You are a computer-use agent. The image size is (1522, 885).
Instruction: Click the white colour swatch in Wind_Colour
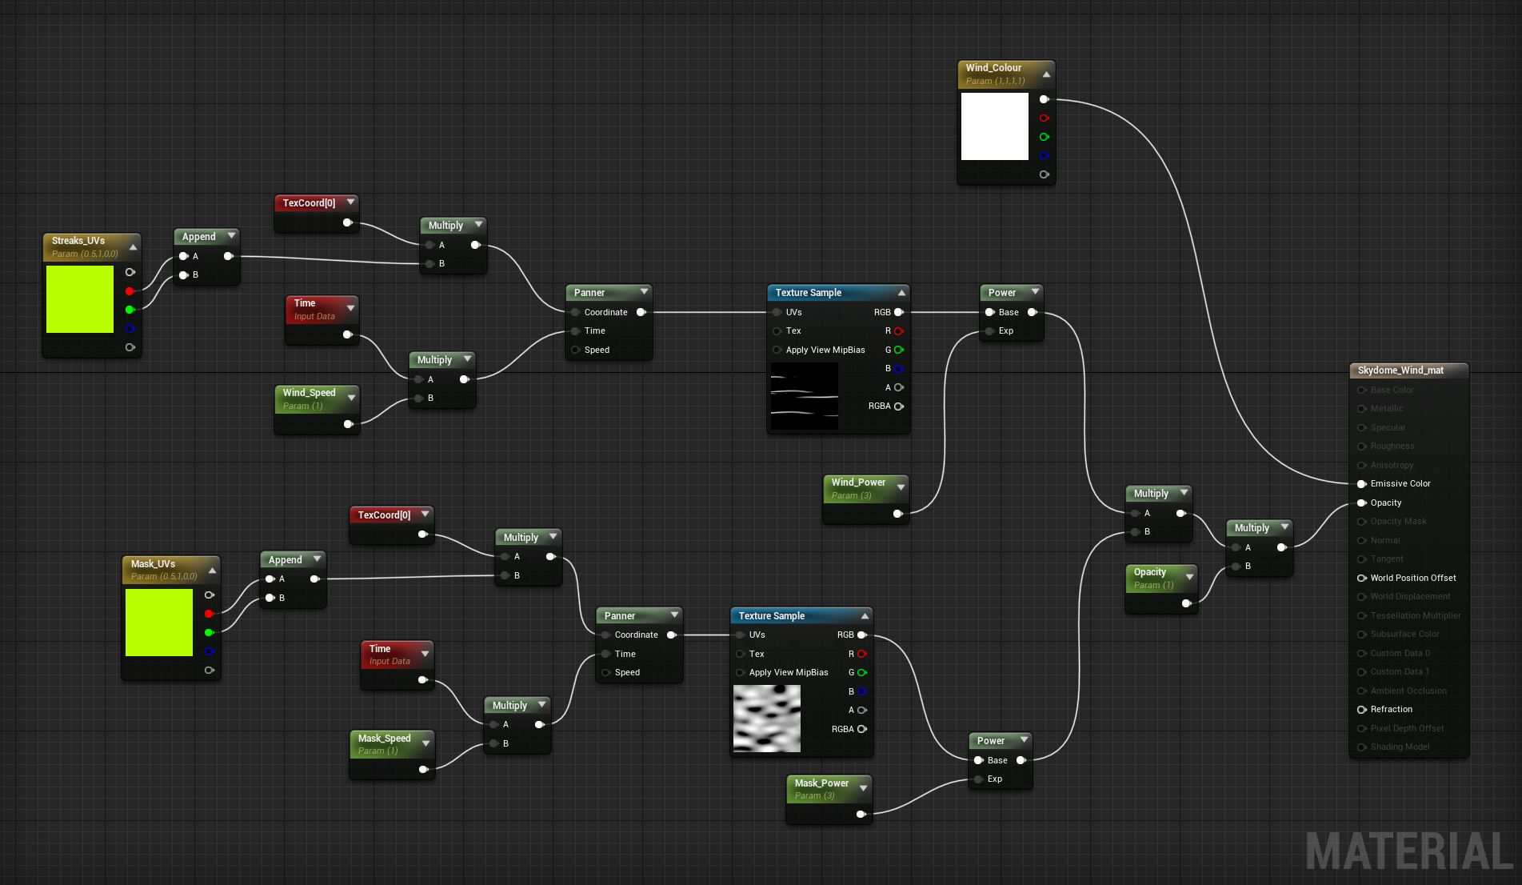coord(994,126)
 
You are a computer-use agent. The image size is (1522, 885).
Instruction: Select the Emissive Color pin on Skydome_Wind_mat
coord(1361,483)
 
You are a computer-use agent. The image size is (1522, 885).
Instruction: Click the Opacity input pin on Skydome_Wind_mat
coord(1361,503)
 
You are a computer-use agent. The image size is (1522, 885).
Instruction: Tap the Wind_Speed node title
coord(309,393)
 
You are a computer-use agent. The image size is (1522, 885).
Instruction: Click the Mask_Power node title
coord(821,783)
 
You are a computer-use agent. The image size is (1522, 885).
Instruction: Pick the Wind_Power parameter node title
coord(858,483)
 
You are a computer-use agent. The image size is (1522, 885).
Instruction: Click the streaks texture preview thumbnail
coord(804,396)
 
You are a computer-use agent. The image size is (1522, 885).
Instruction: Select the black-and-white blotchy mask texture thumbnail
coord(766,719)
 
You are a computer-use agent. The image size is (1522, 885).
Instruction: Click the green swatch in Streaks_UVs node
coord(80,299)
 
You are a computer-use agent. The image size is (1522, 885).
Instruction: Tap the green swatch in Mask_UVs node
coord(158,623)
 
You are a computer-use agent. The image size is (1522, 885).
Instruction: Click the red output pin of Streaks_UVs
coord(130,291)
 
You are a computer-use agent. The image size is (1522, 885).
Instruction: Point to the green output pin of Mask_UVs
coord(209,632)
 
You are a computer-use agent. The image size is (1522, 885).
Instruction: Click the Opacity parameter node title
coord(1149,572)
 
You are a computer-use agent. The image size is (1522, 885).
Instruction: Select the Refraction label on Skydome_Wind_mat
coord(1391,709)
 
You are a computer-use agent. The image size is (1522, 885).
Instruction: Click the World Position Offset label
coord(1412,578)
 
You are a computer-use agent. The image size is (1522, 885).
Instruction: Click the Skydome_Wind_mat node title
coord(1400,370)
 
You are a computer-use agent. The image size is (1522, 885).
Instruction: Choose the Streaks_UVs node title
coord(78,241)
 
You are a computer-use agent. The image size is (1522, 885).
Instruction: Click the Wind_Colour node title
coord(993,68)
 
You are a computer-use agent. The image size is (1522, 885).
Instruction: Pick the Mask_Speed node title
coord(384,739)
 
